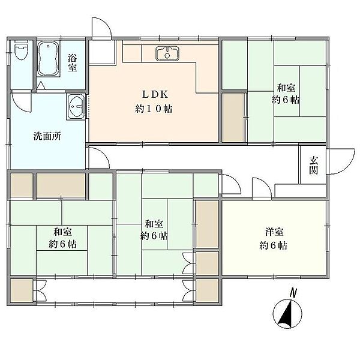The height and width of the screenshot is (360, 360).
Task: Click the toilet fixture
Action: [21, 50]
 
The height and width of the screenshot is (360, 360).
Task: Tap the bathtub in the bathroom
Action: [48, 59]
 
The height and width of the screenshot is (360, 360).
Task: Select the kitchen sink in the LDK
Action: [167, 53]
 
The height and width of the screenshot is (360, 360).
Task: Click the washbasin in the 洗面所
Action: [76, 107]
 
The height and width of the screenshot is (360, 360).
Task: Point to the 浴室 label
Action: [72, 63]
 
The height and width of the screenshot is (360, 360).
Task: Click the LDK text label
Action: [155, 94]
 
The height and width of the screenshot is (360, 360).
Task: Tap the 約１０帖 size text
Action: [154, 109]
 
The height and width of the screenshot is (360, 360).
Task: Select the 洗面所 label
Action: [47, 136]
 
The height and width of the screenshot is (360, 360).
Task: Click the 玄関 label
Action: [313, 166]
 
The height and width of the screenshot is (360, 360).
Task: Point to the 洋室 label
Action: [274, 232]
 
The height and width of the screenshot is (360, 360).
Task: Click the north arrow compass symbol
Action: [287, 314]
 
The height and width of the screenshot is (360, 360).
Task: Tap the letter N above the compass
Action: [293, 293]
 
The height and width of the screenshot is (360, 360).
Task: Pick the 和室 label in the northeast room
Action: [286, 88]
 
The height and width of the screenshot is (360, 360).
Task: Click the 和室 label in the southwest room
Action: [62, 232]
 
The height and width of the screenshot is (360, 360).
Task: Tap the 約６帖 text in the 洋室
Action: [273, 245]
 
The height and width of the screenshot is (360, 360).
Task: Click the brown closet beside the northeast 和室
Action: [233, 118]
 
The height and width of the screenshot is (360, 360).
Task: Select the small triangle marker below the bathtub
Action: [41, 85]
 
